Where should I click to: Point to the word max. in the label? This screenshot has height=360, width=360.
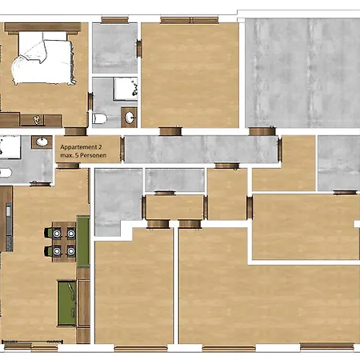tap(66, 155)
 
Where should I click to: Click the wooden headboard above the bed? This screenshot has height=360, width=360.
tap(42, 27)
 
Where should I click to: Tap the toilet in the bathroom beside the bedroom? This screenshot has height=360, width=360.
tap(99, 118)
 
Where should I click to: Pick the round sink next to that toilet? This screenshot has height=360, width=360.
tap(130, 118)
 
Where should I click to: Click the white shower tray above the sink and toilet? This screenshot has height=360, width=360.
tap(126, 89)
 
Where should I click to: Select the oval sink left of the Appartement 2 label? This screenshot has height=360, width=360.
tap(42, 142)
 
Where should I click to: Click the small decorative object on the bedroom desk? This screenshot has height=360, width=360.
tap(37, 119)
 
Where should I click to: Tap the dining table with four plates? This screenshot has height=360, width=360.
tap(64, 242)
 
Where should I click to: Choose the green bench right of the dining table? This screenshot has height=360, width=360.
tap(83, 241)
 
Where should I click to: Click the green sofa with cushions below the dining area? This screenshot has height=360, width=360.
tap(67, 303)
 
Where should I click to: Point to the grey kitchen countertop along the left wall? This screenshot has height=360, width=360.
tap(9, 226)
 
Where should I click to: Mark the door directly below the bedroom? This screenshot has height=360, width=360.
tap(76, 131)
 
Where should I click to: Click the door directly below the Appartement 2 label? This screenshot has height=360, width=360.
tap(68, 166)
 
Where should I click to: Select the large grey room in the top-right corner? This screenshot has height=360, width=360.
tap(302, 73)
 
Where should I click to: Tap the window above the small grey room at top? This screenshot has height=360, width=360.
tap(115, 20)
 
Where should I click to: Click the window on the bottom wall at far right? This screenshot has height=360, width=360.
tap(327, 346)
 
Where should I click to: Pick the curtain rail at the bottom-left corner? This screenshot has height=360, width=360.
tap(32, 342)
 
